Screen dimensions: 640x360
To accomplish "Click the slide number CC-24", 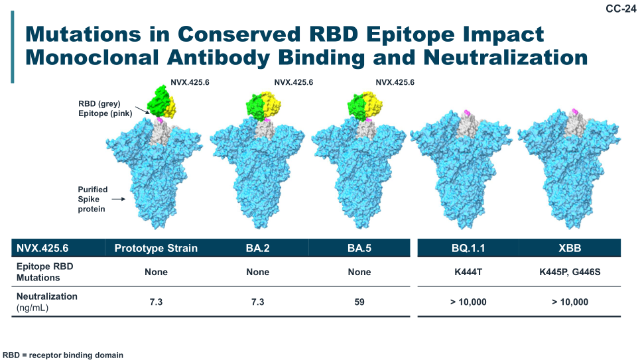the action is [x=621, y=9].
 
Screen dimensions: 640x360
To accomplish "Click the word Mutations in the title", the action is [x=84, y=34].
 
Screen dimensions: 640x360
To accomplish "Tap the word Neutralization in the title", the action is [x=505, y=57].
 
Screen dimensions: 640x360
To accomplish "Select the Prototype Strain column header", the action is [x=156, y=248].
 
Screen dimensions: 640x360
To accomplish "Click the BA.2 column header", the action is [x=257, y=248].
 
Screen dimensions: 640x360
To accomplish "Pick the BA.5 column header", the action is [x=359, y=248].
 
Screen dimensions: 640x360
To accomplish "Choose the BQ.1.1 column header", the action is [x=468, y=248].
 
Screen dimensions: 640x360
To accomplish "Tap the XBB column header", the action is [x=570, y=248].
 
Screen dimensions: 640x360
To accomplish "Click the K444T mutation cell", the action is [x=468, y=272].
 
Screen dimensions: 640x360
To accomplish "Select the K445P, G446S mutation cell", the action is [x=570, y=272].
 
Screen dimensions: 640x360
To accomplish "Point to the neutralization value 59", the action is [x=359, y=302].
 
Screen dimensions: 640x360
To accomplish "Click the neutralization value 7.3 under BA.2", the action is [x=257, y=302].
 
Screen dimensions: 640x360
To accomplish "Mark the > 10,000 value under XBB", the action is [x=570, y=302].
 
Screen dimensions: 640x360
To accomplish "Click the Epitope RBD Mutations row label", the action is [x=45, y=272].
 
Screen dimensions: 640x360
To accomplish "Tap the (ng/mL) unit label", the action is [x=32, y=308].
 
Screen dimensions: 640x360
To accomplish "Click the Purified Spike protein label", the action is [x=93, y=199].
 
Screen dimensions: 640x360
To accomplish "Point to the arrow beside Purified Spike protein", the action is [x=118, y=199].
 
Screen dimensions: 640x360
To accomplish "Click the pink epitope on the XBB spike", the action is [x=575, y=111].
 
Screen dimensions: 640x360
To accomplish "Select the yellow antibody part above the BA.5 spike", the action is [x=373, y=104].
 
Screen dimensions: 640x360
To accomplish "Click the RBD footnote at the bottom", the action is [x=63, y=355].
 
